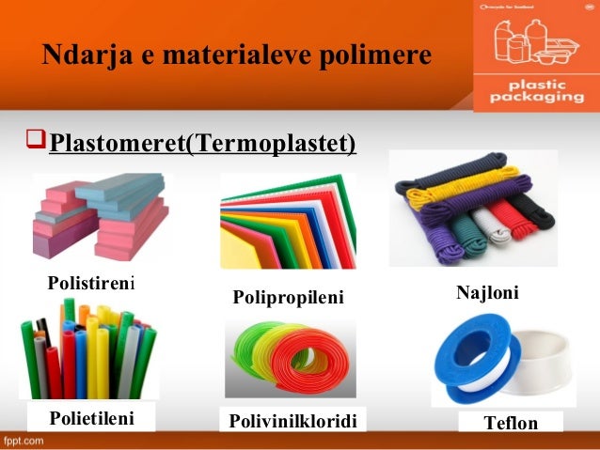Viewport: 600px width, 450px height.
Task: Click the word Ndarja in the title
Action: coord(78,56)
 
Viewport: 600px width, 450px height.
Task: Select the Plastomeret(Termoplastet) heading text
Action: coord(202,144)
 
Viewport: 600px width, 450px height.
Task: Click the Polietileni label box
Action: coord(91,416)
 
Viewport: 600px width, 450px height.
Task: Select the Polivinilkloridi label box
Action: coord(292,419)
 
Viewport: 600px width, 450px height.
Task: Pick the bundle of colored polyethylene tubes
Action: coord(89,352)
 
